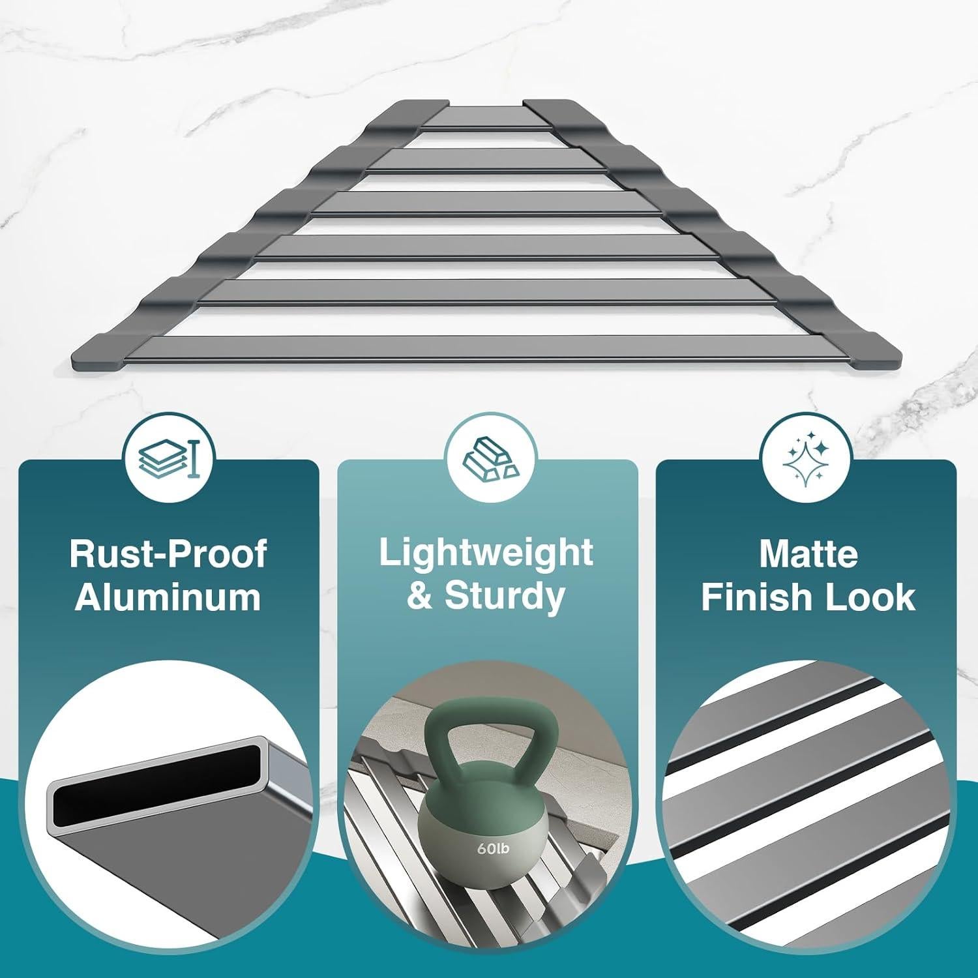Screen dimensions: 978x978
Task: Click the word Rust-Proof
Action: (x=168, y=554)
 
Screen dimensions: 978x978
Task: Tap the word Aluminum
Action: (x=168, y=597)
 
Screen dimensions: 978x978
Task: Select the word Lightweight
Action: (x=486, y=553)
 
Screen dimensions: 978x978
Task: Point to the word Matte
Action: (x=808, y=554)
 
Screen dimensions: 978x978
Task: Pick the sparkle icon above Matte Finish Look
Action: (x=807, y=457)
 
